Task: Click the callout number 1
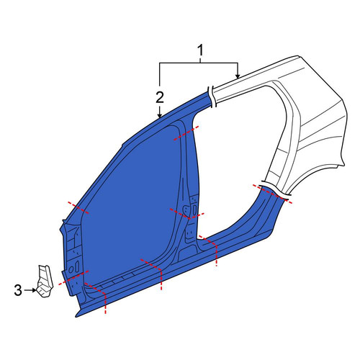200,50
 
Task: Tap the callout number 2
160,97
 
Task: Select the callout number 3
18,290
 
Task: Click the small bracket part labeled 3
44,282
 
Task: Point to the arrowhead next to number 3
34,290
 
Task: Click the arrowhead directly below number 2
160,116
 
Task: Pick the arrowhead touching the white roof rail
238,76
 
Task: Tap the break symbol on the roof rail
212,97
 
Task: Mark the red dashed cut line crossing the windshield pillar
78,207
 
